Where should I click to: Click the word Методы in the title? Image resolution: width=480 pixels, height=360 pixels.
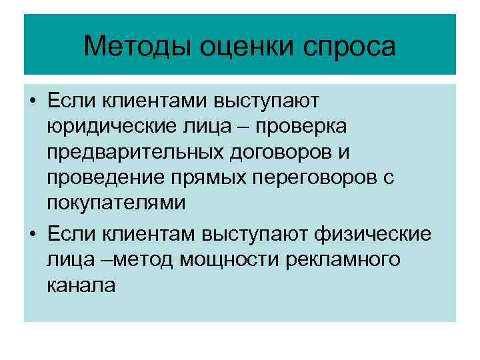tap(127, 47)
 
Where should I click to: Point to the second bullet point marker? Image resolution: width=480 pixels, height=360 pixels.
tap(33, 235)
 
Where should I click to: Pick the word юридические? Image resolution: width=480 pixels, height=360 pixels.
tap(109, 127)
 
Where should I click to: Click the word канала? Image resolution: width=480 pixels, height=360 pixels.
tap(81, 285)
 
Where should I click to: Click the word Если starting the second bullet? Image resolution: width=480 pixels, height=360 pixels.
tap(69, 235)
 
